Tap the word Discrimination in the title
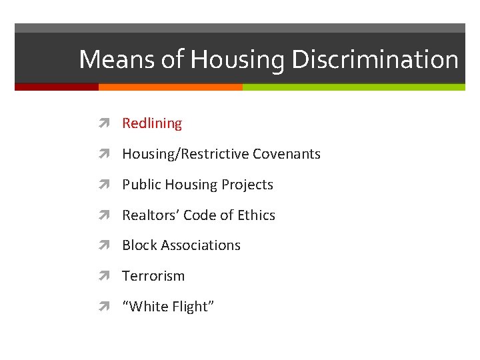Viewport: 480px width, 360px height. tap(374, 60)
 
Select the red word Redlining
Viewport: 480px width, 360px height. tap(152, 123)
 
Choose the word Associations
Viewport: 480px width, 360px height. tap(200, 245)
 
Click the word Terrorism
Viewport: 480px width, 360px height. tap(153, 276)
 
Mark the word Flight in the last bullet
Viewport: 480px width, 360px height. tap(189, 307)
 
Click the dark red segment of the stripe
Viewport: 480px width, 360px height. tap(56, 87)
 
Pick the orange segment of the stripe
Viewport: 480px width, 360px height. tap(170, 87)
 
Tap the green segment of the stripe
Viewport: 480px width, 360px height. tap(353, 87)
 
